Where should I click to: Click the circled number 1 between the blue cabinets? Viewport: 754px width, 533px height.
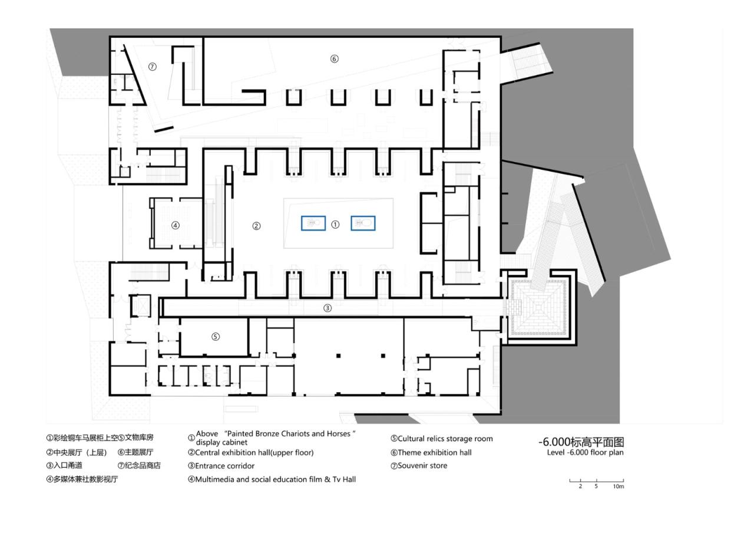[335, 225]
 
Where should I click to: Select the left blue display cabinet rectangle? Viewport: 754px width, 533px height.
[313, 223]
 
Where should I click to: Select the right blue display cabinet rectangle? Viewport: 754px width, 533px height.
[363, 223]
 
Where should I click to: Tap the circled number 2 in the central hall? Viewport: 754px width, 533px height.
[256, 226]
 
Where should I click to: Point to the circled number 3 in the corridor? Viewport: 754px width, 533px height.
[328, 308]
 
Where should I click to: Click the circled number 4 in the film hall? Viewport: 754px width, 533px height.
[175, 225]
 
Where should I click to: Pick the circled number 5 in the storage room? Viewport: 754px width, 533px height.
[216, 337]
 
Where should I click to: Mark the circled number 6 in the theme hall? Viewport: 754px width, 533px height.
[334, 59]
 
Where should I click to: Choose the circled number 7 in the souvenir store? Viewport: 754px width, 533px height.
[153, 67]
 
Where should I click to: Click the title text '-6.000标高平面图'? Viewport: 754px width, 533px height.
[581, 442]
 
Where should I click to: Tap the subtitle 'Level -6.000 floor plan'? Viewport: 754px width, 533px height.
[585, 453]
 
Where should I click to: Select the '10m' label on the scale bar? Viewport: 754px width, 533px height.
[618, 486]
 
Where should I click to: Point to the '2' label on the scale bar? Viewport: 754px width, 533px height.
[580, 486]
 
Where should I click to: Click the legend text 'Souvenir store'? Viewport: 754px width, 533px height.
[422, 466]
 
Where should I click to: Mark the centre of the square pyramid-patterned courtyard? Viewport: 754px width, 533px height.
[538, 307]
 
